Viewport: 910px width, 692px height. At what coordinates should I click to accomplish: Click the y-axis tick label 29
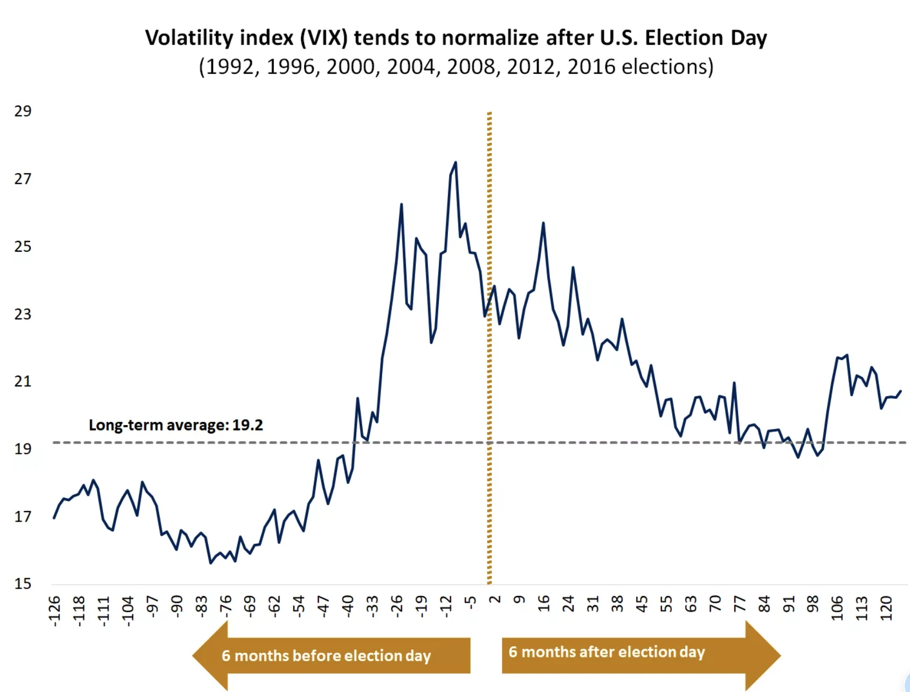pyautogui.click(x=23, y=111)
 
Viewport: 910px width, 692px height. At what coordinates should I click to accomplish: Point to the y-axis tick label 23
pyautogui.click(x=23, y=314)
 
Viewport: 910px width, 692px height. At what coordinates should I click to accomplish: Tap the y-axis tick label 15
pyautogui.click(x=23, y=584)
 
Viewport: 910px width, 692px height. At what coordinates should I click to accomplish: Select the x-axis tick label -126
pyautogui.click(x=54, y=611)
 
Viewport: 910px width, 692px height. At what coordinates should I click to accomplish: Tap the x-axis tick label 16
pyautogui.click(x=543, y=604)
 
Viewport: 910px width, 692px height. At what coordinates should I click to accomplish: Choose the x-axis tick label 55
pyautogui.click(x=666, y=604)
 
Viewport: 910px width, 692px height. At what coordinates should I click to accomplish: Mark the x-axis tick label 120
pyautogui.click(x=886, y=608)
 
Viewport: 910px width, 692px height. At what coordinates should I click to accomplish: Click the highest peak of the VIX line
pyautogui.click(x=456, y=162)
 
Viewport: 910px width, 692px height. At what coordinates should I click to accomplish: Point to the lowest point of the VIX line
pyautogui.click(x=211, y=563)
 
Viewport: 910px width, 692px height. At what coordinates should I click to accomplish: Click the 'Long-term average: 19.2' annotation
pyautogui.click(x=176, y=425)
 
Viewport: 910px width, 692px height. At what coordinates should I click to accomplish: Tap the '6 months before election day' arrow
pyautogui.click(x=331, y=655)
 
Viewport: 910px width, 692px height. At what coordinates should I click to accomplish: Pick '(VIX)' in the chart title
pyautogui.click(x=323, y=38)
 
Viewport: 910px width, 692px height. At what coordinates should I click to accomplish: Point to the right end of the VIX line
pyautogui.click(x=901, y=391)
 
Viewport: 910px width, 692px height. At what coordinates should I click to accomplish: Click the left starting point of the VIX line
pyautogui.click(x=54, y=518)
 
